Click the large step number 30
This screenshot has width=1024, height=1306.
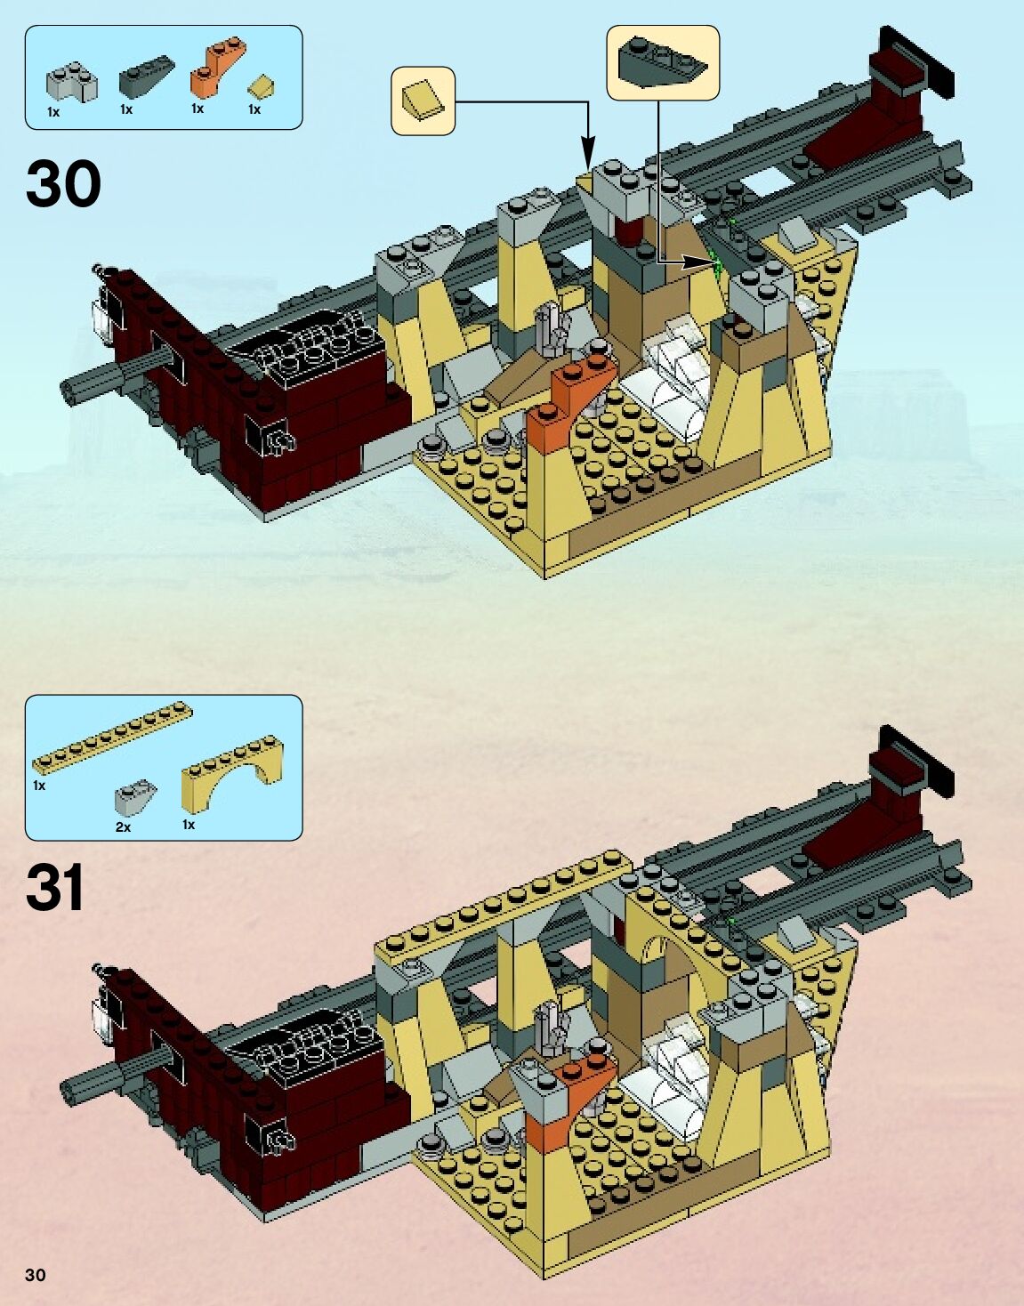tap(63, 184)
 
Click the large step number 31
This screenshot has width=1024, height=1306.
tap(55, 888)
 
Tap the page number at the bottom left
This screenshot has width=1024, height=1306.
tap(35, 1275)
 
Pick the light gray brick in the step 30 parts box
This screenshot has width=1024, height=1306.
tap(71, 83)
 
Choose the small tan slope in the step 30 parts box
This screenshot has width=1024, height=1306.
tap(261, 86)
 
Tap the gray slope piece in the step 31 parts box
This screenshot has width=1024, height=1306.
tap(136, 798)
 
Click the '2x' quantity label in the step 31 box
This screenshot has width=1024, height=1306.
tap(123, 827)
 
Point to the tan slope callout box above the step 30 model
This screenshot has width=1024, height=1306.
tap(423, 101)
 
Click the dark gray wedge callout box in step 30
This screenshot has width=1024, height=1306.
tap(662, 62)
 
